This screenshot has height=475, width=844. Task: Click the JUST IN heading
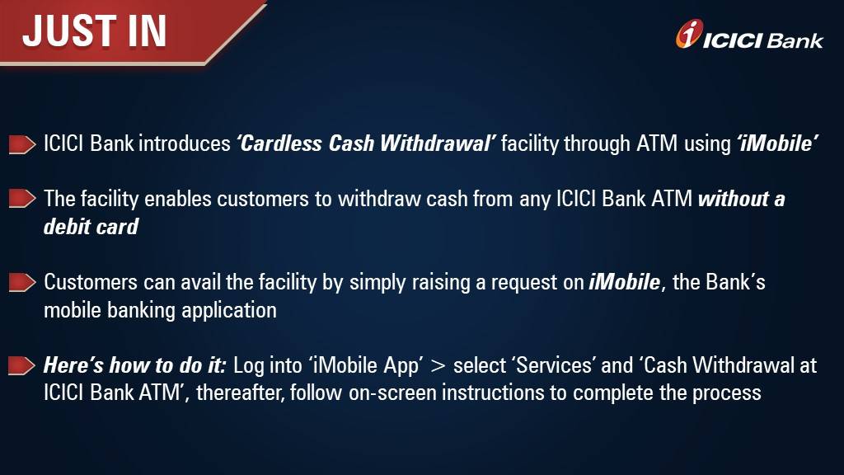(95, 31)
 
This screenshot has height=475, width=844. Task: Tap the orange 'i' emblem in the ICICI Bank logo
(689, 34)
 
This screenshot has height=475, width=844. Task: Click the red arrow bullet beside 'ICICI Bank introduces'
(22, 145)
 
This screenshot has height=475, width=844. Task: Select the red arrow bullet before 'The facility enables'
(22, 200)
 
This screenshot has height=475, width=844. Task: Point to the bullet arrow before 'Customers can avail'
(22, 283)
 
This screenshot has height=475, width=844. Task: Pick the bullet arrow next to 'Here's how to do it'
(22, 365)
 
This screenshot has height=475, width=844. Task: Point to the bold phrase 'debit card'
(91, 226)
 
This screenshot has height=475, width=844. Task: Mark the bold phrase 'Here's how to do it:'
(134, 364)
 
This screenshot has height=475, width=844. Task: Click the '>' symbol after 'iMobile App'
(438, 365)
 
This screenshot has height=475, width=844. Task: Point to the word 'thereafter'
(240, 393)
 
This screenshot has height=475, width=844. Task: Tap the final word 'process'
(726, 393)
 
